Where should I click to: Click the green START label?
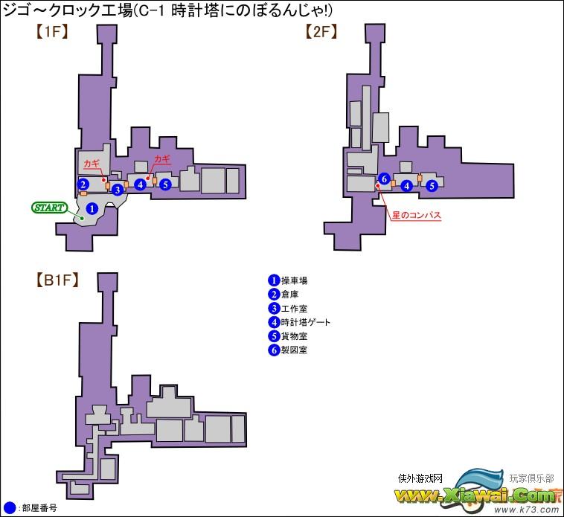coord(50,208)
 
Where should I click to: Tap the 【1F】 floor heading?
coord(52,32)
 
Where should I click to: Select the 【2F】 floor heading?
coord(321,32)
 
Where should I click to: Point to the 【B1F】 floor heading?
coord(57,280)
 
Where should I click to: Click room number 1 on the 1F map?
coord(92,208)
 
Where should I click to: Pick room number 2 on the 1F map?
coord(83,184)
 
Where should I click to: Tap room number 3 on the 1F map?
coord(118,190)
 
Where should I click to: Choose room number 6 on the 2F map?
coord(384,179)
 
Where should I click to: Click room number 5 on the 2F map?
coord(432,185)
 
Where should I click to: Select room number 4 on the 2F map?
coord(407,185)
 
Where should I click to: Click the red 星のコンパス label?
coord(416,216)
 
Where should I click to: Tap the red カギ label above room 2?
coord(92,164)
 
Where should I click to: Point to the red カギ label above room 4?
coord(162,159)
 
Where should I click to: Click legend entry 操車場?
coord(294,280)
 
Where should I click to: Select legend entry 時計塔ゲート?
coord(305,322)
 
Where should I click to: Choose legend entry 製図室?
coord(294,350)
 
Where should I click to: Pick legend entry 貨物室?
coord(294,336)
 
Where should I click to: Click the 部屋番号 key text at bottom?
coord(39,508)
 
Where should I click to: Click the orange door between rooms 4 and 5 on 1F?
coord(155,181)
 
